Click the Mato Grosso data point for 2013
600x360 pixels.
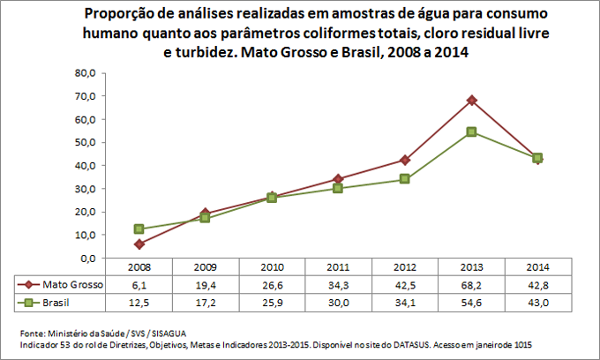(472, 101)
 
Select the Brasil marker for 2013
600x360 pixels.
(472, 131)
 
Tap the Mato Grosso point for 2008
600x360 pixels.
(139, 244)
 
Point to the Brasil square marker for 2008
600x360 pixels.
(139, 229)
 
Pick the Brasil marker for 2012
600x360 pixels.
(405, 179)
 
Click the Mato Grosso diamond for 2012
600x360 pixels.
(405, 160)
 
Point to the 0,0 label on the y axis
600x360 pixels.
(86, 259)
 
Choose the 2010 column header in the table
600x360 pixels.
(272, 267)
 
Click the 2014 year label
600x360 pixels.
(538, 267)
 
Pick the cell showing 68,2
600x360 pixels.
(472, 284)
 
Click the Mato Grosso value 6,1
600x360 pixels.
(139, 284)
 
